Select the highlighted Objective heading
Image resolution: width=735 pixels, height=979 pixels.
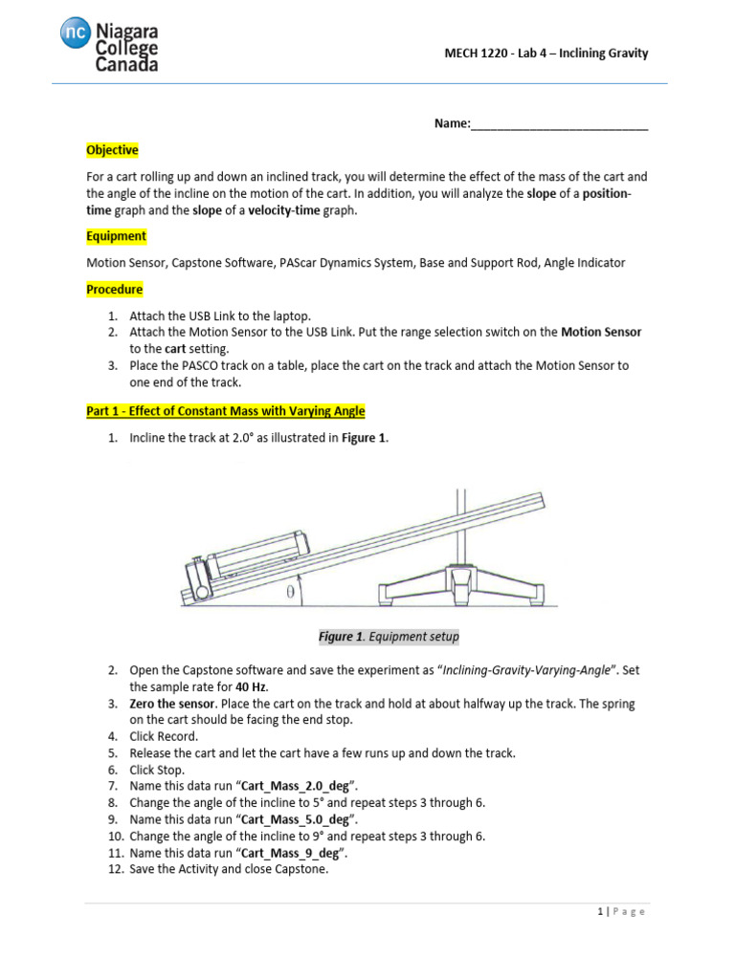click(112, 150)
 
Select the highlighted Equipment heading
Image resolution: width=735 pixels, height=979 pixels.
click(116, 236)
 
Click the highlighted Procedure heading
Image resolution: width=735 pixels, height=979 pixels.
click(114, 289)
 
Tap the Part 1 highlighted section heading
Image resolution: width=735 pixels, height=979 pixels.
click(225, 411)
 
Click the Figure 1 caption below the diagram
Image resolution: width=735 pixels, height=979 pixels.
click(389, 637)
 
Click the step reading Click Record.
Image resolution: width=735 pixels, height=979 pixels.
click(164, 736)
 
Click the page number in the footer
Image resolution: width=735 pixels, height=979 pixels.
click(598, 912)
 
